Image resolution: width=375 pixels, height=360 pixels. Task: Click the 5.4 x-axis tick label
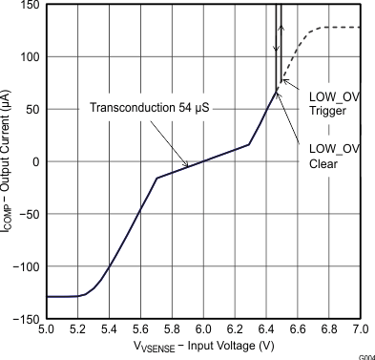pos(109,329)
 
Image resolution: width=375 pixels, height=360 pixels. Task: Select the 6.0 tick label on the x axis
pos(203,329)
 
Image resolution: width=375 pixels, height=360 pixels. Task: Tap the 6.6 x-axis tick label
pos(298,329)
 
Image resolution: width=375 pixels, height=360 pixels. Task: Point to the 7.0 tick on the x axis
pos(360,329)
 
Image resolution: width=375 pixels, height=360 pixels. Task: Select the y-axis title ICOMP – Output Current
pos(9,161)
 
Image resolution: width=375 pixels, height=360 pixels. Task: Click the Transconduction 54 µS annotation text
pos(150,107)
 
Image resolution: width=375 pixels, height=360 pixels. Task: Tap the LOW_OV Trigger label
pos(334,103)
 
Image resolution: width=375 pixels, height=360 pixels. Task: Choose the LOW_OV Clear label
pos(334,155)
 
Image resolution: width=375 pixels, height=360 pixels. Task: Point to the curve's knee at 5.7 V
pos(156,179)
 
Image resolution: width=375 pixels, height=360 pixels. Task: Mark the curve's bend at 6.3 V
pos(250,145)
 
